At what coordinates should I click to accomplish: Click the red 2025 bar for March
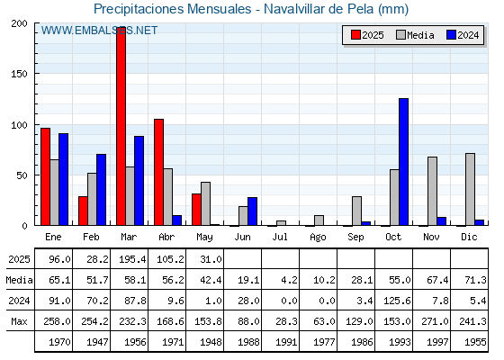click(121, 127)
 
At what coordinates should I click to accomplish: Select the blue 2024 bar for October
click(403, 162)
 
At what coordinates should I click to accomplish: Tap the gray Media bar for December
click(470, 189)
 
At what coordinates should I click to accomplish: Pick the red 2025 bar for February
click(83, 211)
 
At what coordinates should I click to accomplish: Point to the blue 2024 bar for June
click(252, 211)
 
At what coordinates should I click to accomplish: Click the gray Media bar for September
click(356, 211)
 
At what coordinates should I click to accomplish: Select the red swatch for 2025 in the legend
click(355, 35)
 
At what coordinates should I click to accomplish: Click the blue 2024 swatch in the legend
click(451, 35)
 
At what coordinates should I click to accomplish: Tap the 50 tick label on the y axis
click(22, 175)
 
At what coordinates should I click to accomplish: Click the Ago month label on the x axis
click(318, 238)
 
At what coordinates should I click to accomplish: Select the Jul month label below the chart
click(280, 237)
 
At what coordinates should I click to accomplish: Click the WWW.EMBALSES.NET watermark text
click(99, 31)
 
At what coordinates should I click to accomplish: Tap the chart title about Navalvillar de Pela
click(251, 9)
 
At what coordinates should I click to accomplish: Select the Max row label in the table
click(19, 321)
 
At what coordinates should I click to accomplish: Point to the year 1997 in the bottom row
click(437, 342)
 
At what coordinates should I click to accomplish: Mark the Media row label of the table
click(19, 280)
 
